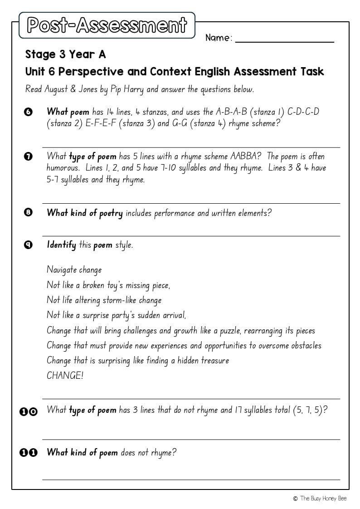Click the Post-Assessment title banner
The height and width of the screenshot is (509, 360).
(107, 25)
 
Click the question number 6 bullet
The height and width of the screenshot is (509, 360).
(28, 112)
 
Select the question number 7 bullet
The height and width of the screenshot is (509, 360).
(28, 157)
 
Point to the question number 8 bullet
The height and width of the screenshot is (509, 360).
(28, 213)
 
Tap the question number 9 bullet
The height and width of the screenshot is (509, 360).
(28, 245)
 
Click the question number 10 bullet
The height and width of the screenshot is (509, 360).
(29, 411)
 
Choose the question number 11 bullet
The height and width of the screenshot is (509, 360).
(29, 453)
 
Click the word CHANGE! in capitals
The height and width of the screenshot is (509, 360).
(65, 376)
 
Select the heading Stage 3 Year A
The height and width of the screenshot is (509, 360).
(65, 54)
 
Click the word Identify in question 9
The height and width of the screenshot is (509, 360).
(61, 245)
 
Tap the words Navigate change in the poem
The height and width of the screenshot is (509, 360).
(74, 270)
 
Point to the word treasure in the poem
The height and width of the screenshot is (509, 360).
(214, 361)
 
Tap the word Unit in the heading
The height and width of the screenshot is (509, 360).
(34, 72)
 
